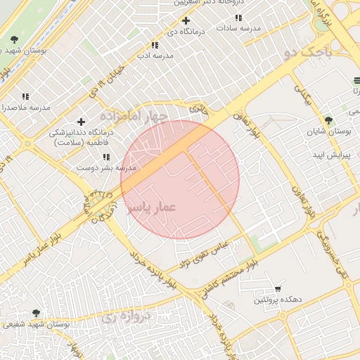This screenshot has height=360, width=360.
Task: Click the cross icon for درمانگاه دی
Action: coord(186,20)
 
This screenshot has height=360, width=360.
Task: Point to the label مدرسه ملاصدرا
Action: coord(24,108)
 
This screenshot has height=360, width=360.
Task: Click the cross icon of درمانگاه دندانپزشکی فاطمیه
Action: coord(82,122)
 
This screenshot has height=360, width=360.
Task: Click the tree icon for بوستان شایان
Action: coord(327,120)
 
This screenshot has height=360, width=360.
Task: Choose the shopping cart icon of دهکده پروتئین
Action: coord(278,288)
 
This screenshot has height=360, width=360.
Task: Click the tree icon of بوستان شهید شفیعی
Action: coord(36,313)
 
